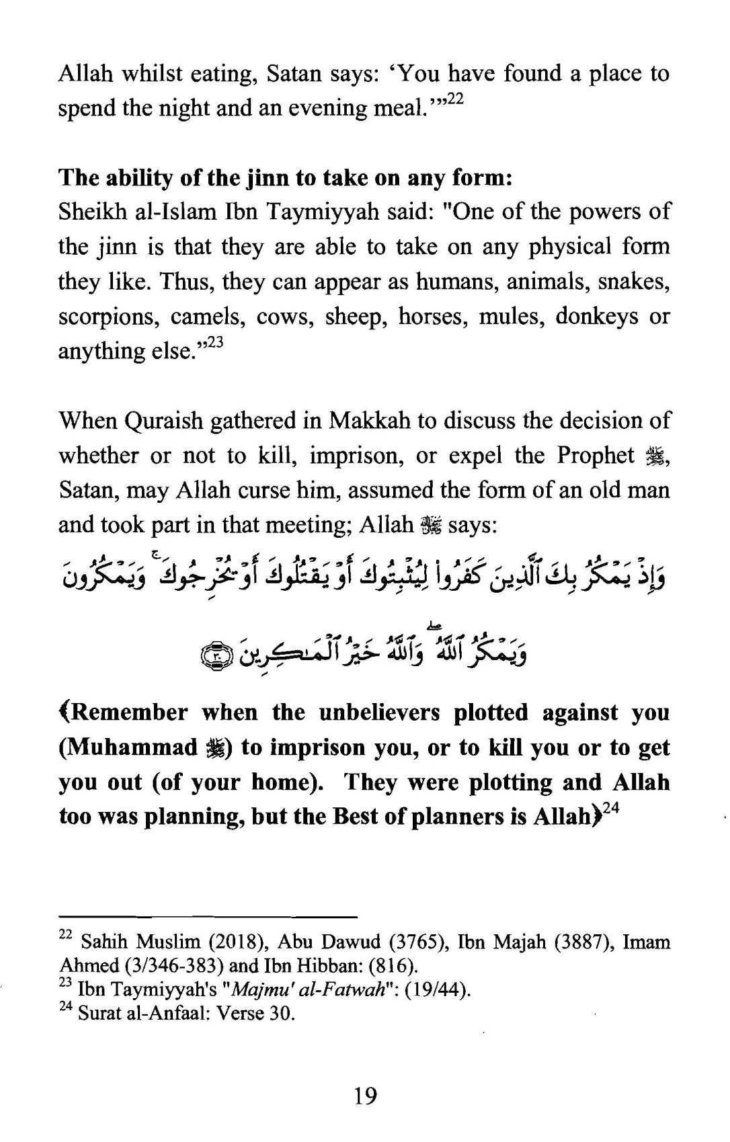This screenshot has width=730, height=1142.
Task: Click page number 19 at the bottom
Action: pos(365,1096)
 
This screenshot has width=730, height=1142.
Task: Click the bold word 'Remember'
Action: pos(128,712)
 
